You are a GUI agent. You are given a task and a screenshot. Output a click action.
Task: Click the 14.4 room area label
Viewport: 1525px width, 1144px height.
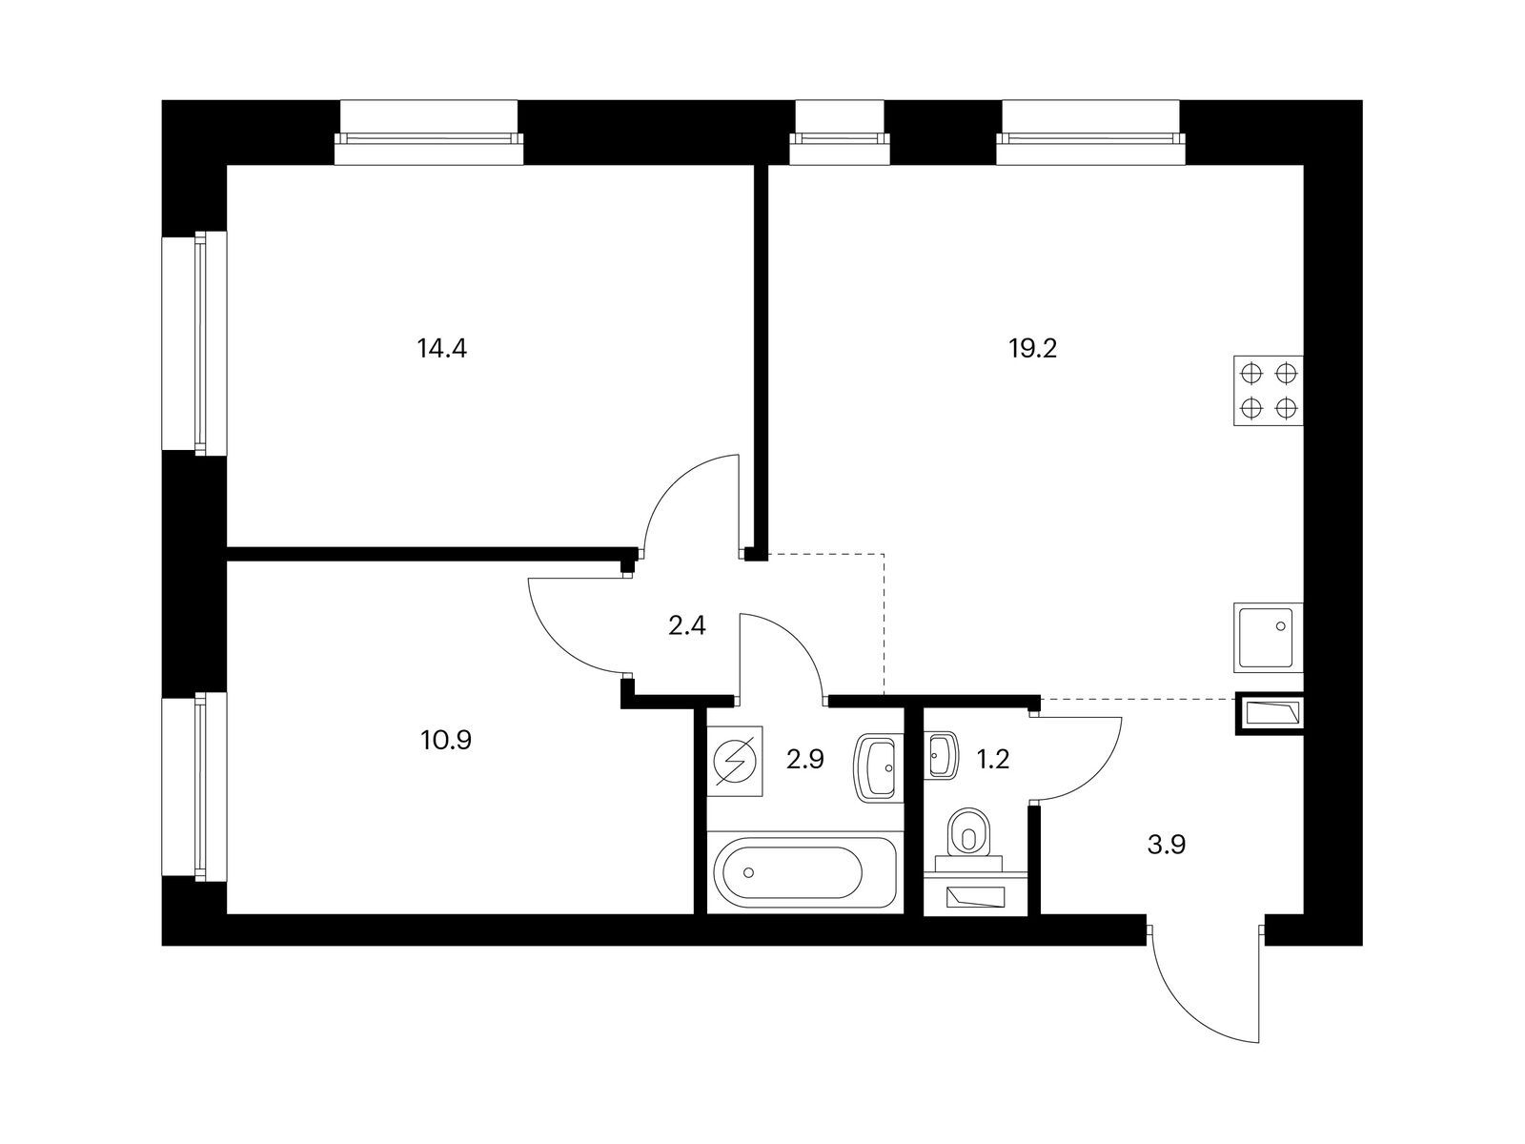[441, 349]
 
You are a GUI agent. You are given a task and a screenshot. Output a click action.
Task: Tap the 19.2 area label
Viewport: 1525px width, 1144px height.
[1033, 349]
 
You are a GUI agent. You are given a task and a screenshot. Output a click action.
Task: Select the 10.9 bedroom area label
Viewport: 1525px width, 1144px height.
[445, 739]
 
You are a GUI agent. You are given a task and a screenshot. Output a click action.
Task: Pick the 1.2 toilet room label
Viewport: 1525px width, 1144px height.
[991, 759]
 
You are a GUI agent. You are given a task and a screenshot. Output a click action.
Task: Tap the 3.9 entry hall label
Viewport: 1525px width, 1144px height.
[1166, 845]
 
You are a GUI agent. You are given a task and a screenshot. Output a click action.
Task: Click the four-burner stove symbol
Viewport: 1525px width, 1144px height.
[1268, 391]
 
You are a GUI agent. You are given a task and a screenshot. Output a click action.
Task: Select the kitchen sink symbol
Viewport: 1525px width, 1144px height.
[1268, 637]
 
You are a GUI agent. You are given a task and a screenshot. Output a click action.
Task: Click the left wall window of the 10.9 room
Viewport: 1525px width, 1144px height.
[195, 786]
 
